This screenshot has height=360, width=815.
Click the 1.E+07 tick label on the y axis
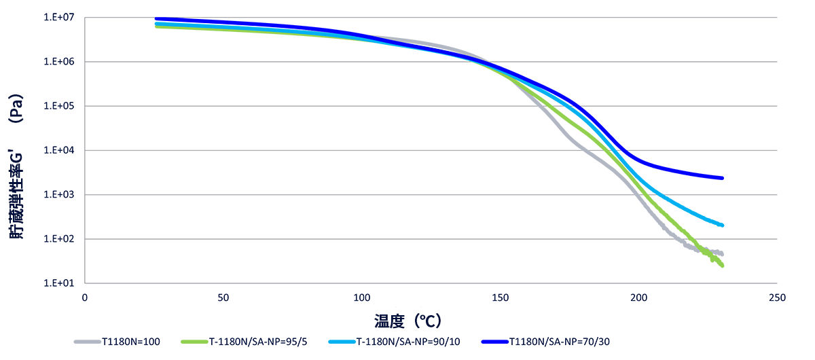click(59, 18)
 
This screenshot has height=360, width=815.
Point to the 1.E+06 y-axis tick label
click(59, 62)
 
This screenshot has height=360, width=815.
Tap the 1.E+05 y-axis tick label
click(59, 106)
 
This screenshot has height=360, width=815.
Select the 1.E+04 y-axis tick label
click(59, 150)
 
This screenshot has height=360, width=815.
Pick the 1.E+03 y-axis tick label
click(59, 195)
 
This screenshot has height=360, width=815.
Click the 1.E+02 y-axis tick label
click(59, 239)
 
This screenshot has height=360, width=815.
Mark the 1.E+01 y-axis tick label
click(59, 283)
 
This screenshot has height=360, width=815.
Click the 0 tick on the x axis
click(85, 298)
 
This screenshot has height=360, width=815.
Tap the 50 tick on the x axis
click(223, 298)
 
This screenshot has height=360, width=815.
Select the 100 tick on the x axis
click(362, 298)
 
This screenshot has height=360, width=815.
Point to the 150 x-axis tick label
click(501, 298)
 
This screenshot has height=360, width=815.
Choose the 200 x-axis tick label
click(639, 298)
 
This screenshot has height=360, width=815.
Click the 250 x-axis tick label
click(778, 298)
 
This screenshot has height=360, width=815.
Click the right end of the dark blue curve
click(722, 178)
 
